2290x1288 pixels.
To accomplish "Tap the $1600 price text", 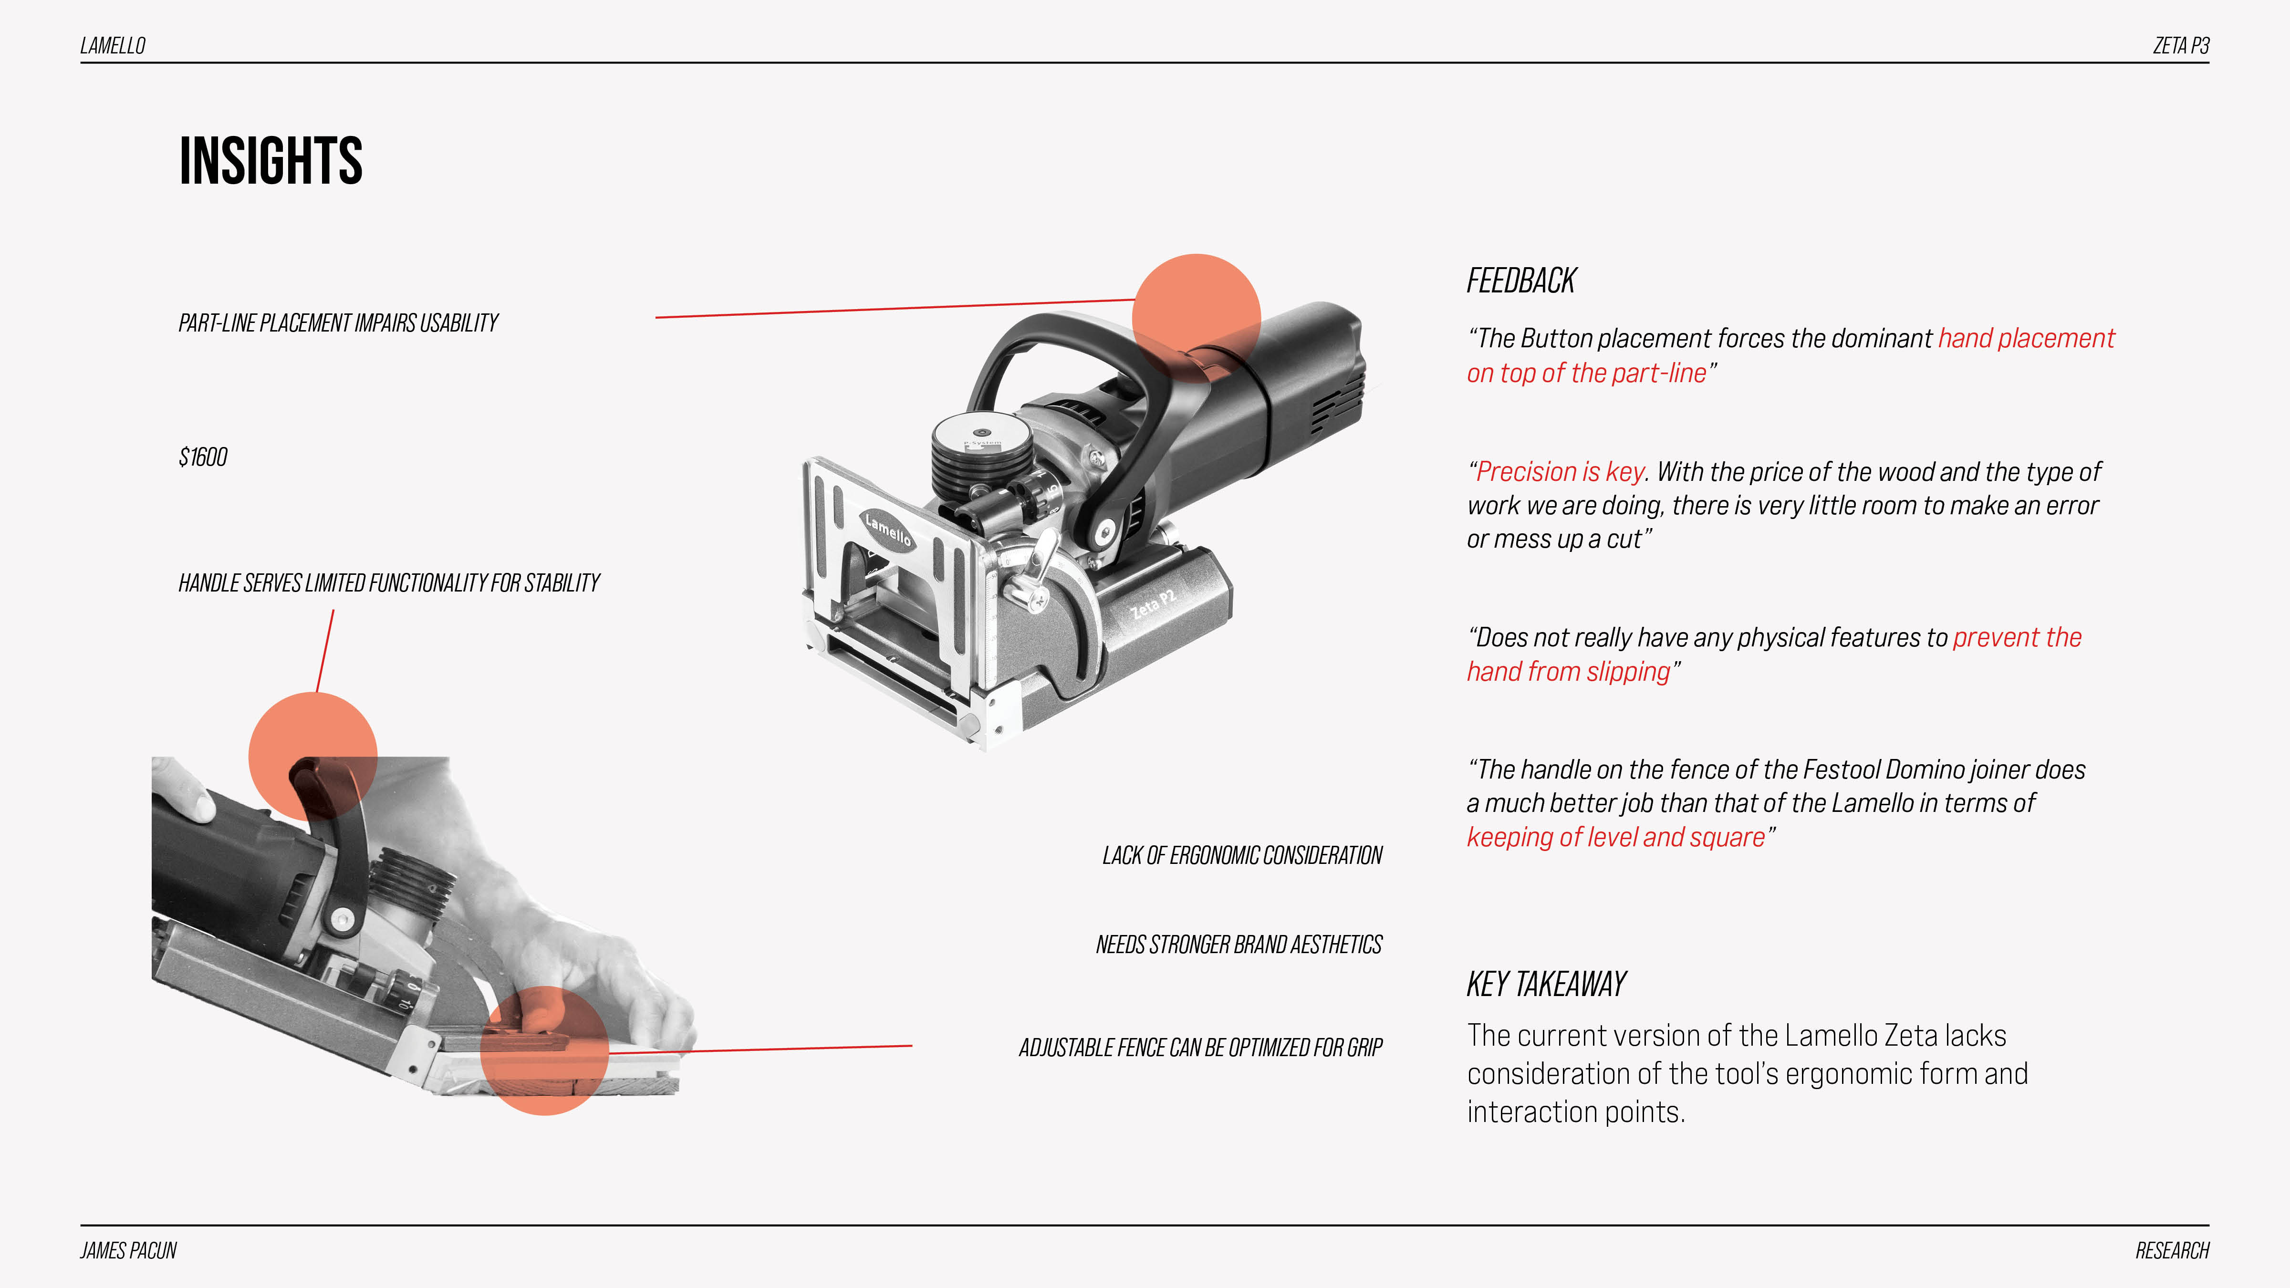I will tap(203, 457).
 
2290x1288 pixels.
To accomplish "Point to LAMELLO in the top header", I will tap(113, 45).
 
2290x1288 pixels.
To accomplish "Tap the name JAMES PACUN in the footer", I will tap(129, 1251).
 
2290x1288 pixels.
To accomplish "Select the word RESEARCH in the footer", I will tap(2172, 1251).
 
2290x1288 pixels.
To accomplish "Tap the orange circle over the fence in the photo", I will tap(544, 1050).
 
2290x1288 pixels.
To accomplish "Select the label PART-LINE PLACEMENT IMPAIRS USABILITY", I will tap(338, 322).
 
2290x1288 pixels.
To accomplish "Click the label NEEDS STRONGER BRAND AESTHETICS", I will tap(1239, 944).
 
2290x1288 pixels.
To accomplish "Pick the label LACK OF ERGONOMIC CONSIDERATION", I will tap(1242, 855).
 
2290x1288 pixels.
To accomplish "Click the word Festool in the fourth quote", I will tap(1838, 770).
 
